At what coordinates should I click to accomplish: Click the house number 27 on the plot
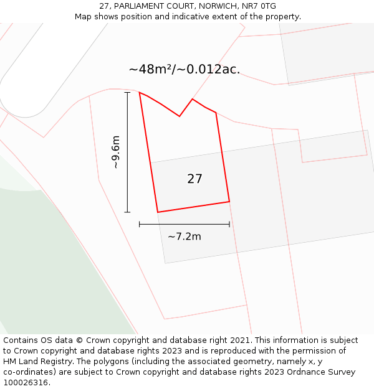194,179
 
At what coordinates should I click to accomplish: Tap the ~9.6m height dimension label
115,152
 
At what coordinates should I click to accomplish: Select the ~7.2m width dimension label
185,237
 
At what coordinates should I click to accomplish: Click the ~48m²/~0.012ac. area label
185,69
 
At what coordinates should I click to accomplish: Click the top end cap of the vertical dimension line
127,92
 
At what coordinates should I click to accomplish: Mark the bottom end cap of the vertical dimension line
127,213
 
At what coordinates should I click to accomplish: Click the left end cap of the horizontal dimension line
139,224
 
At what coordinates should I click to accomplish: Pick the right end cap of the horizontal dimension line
229,224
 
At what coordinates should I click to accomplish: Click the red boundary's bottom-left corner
158,212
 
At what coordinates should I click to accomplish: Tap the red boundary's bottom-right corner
229,202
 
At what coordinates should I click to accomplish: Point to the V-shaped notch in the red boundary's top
180,116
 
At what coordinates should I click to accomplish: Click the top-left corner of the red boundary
140,93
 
